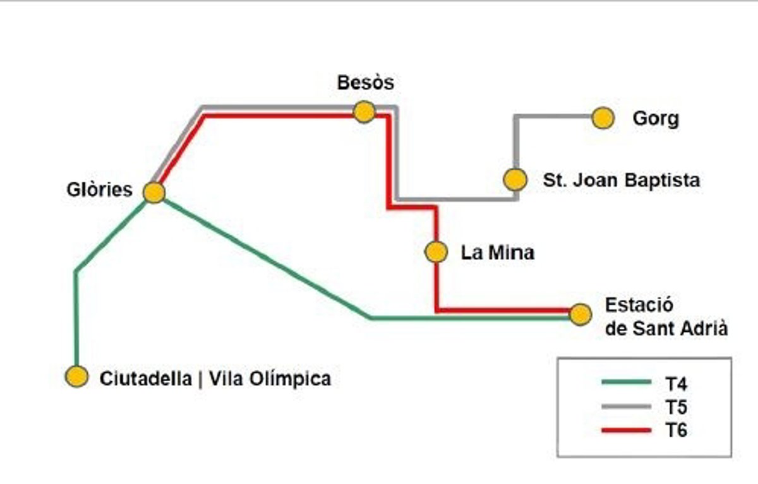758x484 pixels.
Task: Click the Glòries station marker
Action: tap(154, 192)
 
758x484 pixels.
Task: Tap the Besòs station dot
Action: tap(364, 112)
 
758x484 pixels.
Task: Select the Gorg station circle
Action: tap(603, 118)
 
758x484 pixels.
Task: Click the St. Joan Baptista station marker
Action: tap(515, 180)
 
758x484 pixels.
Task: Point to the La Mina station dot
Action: tap(436, 252)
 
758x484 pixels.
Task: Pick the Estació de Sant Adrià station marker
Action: tap(580, 314)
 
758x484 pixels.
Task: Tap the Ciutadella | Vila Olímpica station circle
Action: tap(77, 377)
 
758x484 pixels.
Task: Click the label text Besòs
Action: tap(365, 83)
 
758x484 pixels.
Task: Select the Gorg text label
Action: tap(656, 119)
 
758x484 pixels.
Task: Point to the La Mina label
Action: tap(498, 253)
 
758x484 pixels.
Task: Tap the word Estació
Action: tap(639, 305)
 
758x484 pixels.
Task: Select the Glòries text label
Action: tap(100, 189)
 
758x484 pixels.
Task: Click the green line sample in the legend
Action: tap(626, 382)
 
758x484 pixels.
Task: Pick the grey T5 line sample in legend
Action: tap(626, 406)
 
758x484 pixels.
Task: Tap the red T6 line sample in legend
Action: tap(626, 430)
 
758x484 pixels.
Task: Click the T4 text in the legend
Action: tap(676, 382)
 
